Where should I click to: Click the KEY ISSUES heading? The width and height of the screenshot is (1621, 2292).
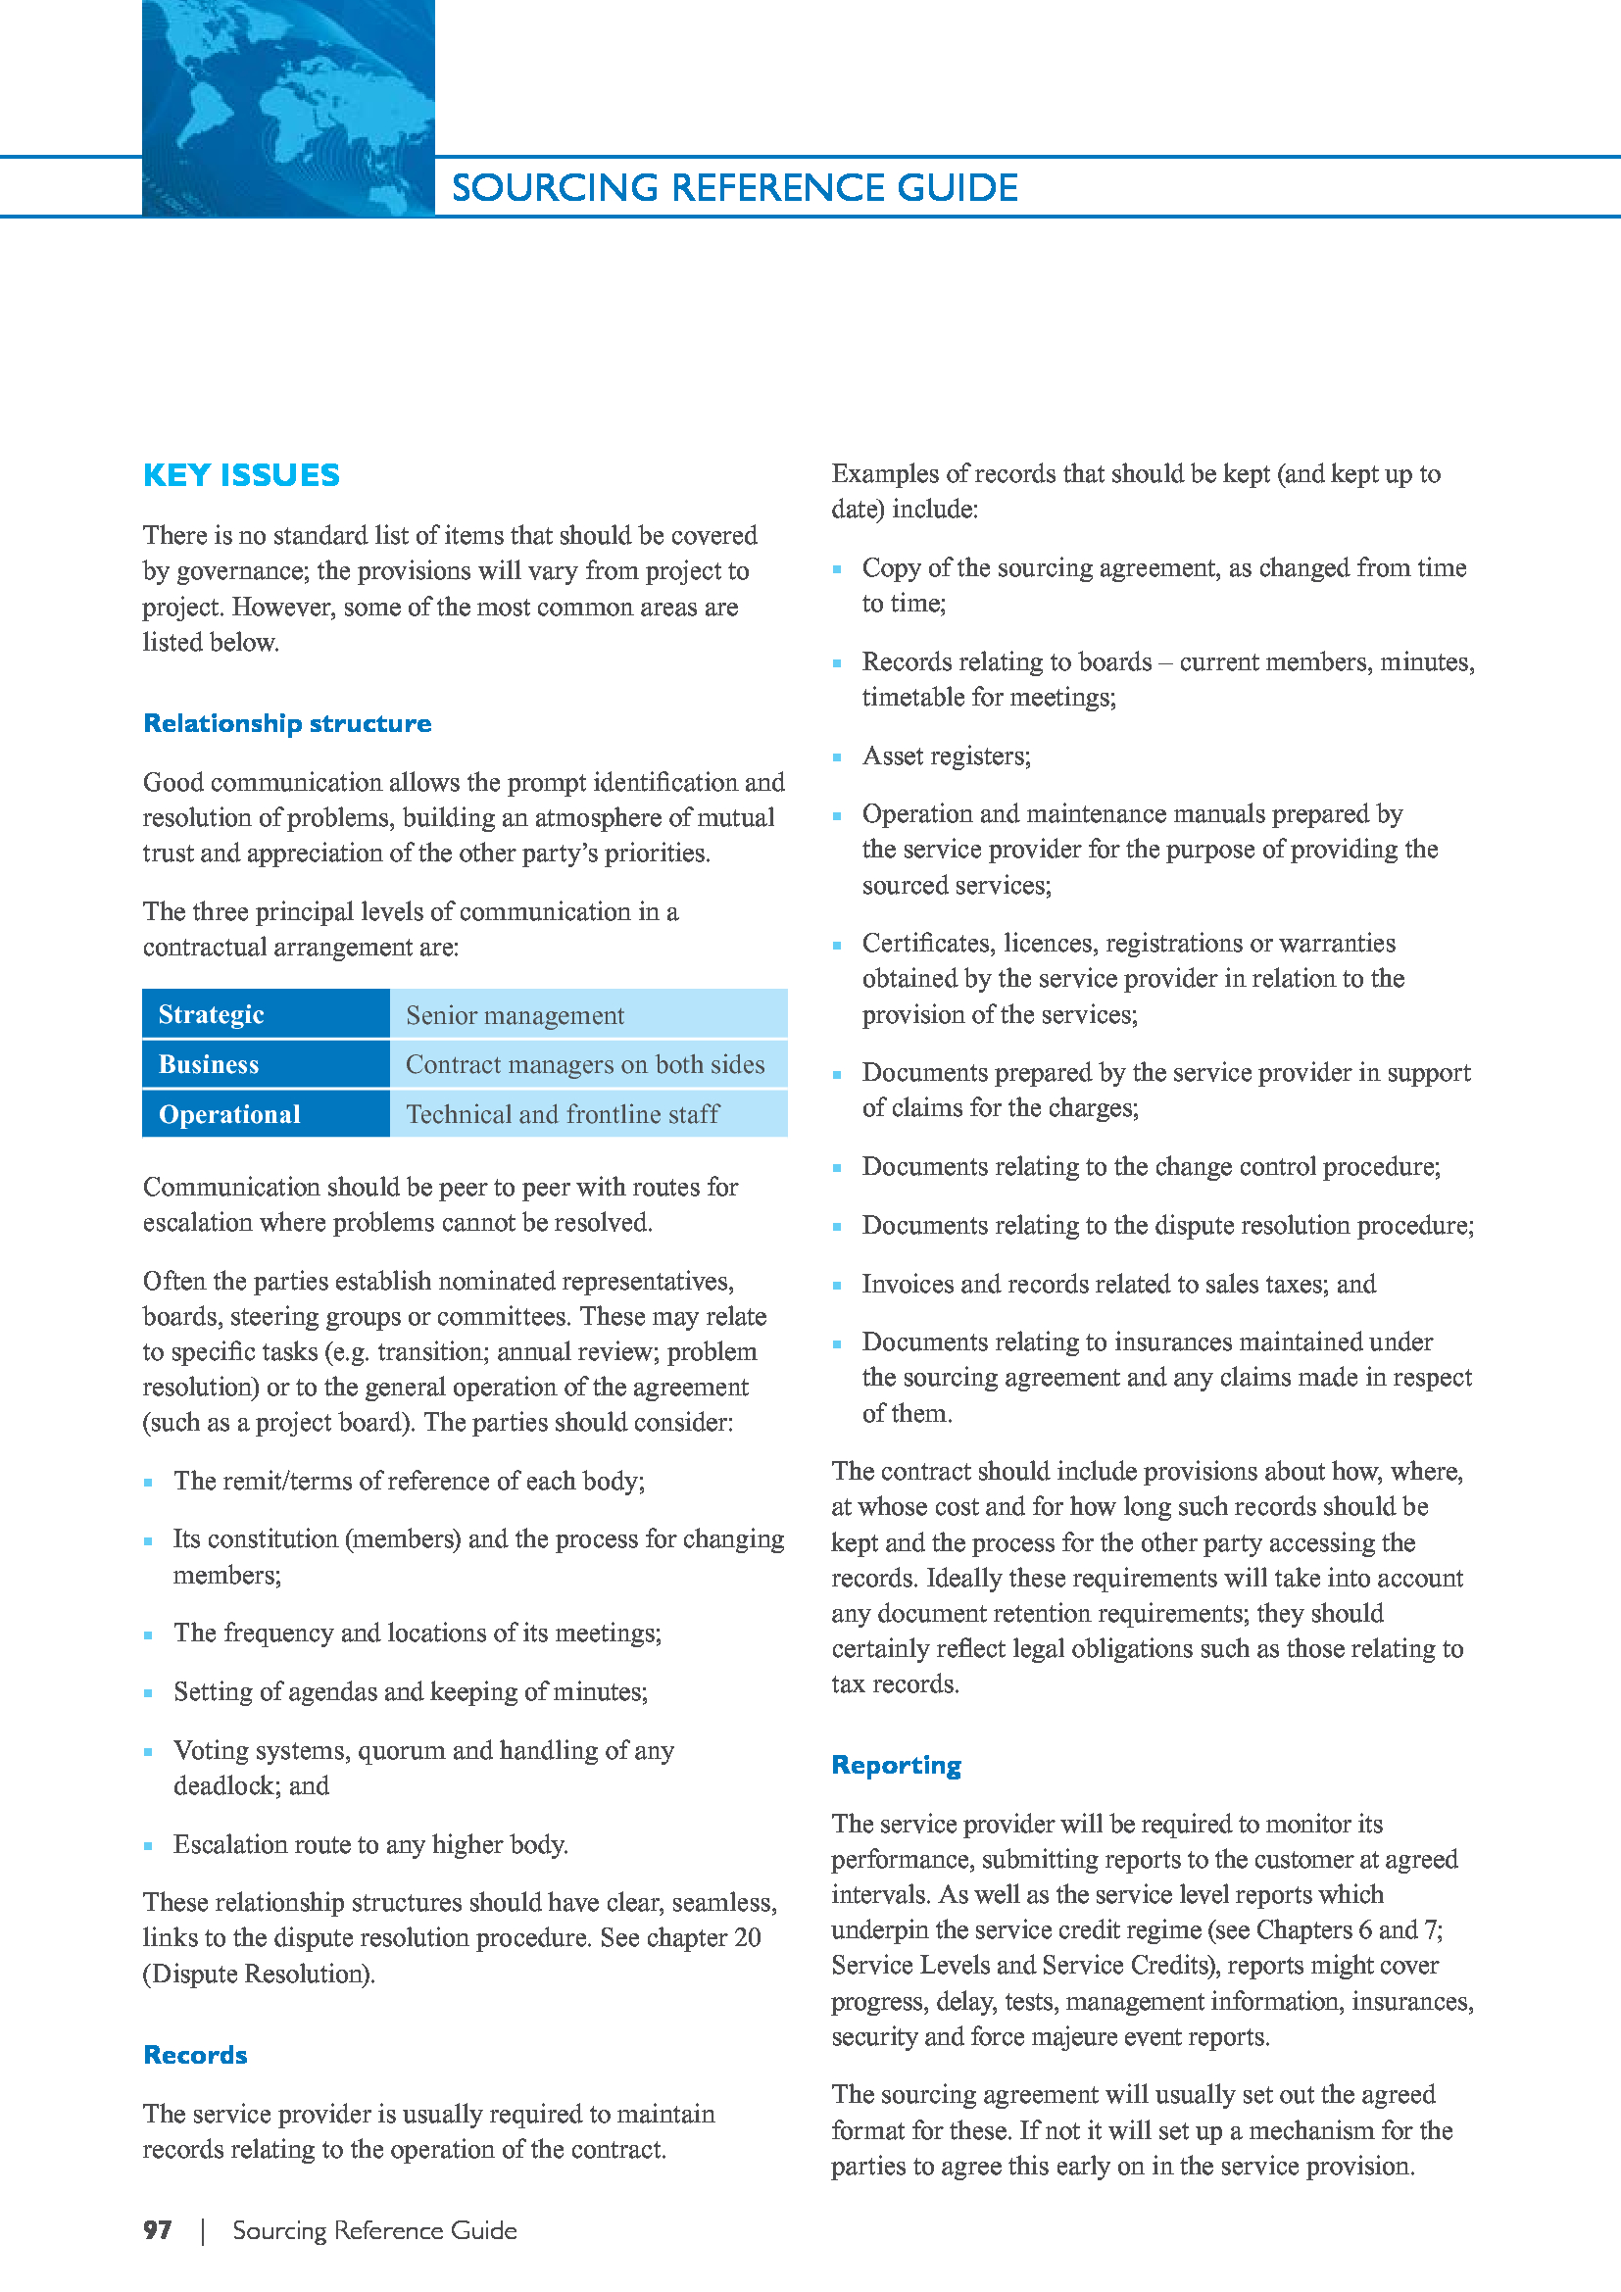[x=240, y=475]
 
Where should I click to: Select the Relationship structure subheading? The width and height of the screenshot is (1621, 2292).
[x=286, y=723]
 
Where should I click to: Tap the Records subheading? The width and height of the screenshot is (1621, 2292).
[x=195, y=2055]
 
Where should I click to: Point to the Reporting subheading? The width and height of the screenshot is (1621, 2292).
[x=896, y=1765]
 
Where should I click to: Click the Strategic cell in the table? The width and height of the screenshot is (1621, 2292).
[x=211, y=1014]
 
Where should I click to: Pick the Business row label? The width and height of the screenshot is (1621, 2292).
[x=208, y=1064]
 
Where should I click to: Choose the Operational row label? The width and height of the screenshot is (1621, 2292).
[x=228, y=1114]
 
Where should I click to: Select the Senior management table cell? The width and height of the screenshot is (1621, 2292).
[x=515, y=1015]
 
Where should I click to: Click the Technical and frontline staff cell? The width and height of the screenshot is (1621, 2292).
[x=562, y=1114]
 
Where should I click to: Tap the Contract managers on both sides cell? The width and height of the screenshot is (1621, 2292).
[x=585, y=1064]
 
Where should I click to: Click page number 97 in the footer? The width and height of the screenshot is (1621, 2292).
[x=157, y=2230]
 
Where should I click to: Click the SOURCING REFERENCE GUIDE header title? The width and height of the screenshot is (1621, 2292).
[x=735, y=188]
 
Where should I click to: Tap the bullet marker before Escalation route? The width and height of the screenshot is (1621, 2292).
[x=148, y=1846]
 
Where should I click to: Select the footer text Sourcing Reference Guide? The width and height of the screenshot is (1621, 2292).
[x=374, y=2230]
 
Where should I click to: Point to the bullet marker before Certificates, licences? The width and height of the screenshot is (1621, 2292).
[x=836, y=945]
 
